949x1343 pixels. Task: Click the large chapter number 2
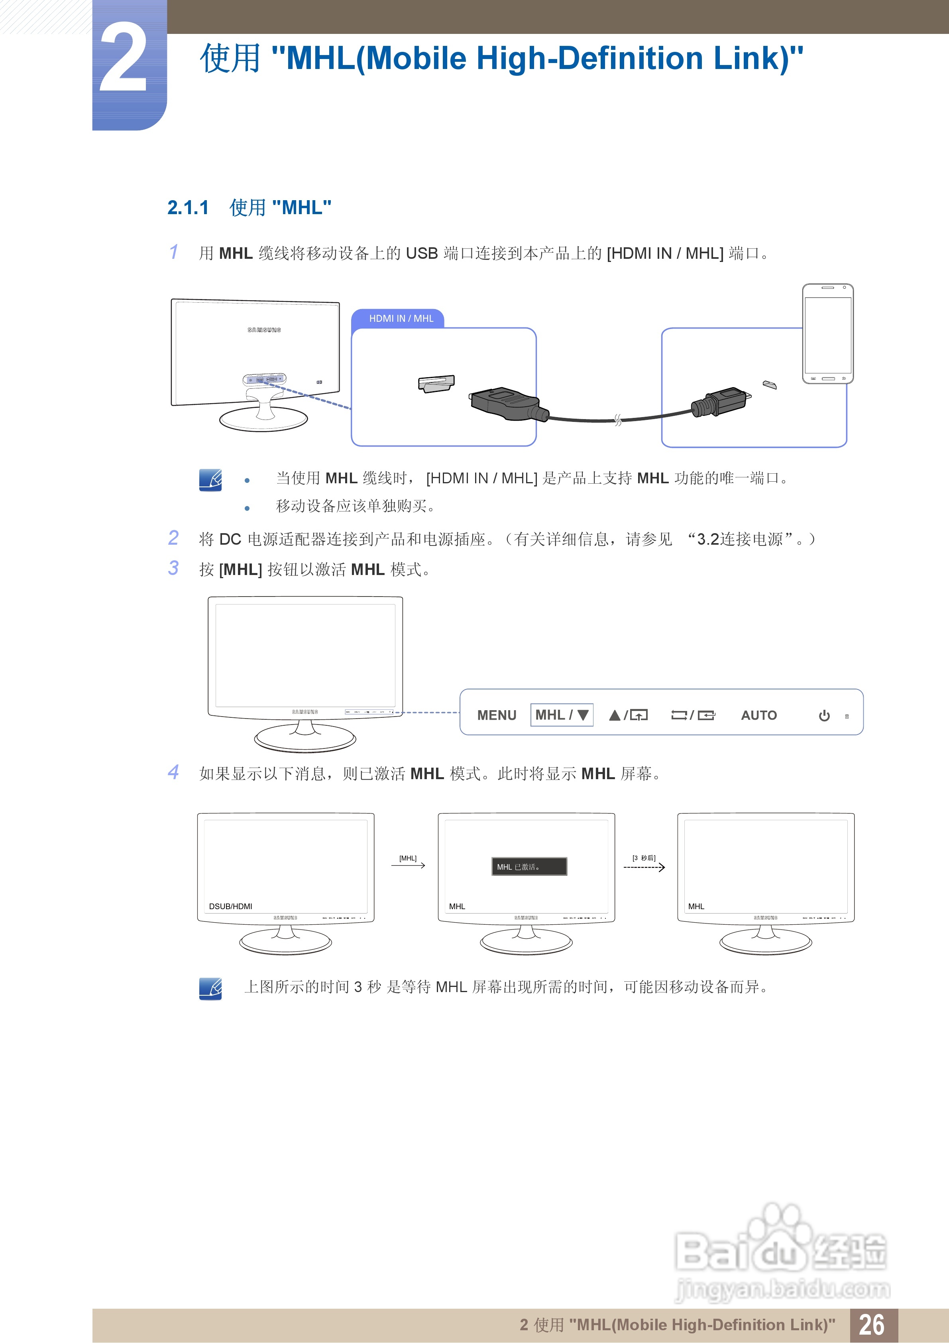click(124, 59)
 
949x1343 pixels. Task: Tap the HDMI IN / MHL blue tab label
click(401, 319)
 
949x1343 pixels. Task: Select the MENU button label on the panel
click(497, 715)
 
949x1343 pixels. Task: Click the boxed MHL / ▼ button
click(561, 715)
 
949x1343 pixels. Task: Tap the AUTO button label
click(758, 715)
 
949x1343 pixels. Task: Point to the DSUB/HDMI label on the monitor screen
click(230, 906)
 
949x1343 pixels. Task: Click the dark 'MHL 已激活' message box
click(529, 866)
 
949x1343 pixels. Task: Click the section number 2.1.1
click(188, 208)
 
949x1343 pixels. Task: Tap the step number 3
click(174, 568)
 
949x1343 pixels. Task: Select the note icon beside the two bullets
click(210, 480)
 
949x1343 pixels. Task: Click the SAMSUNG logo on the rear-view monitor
click(264, 330)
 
